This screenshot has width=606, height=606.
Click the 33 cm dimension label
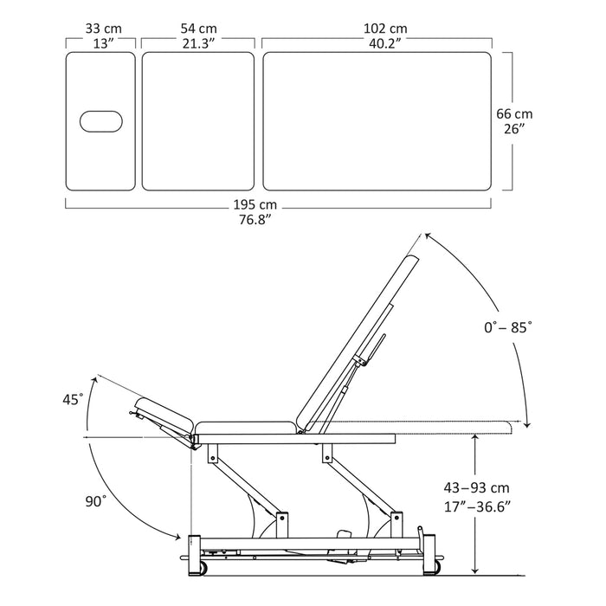click(x=103, y=29)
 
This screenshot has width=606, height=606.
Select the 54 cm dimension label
click(x=198, y=29)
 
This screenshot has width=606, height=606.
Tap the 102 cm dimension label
click(x=385, y=29)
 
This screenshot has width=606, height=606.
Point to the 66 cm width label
click(x=514, y=114)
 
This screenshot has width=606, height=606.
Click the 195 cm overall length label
click(x=255, y=204)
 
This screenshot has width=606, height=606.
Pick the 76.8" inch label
click(x=255, y=220)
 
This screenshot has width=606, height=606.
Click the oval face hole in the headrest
click(x=101, y=121)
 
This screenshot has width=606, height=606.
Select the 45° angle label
click(x=73, y=399)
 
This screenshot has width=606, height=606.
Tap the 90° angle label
click(x=95, y=501)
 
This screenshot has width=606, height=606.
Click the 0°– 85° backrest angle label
click(x=508, y=327)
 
